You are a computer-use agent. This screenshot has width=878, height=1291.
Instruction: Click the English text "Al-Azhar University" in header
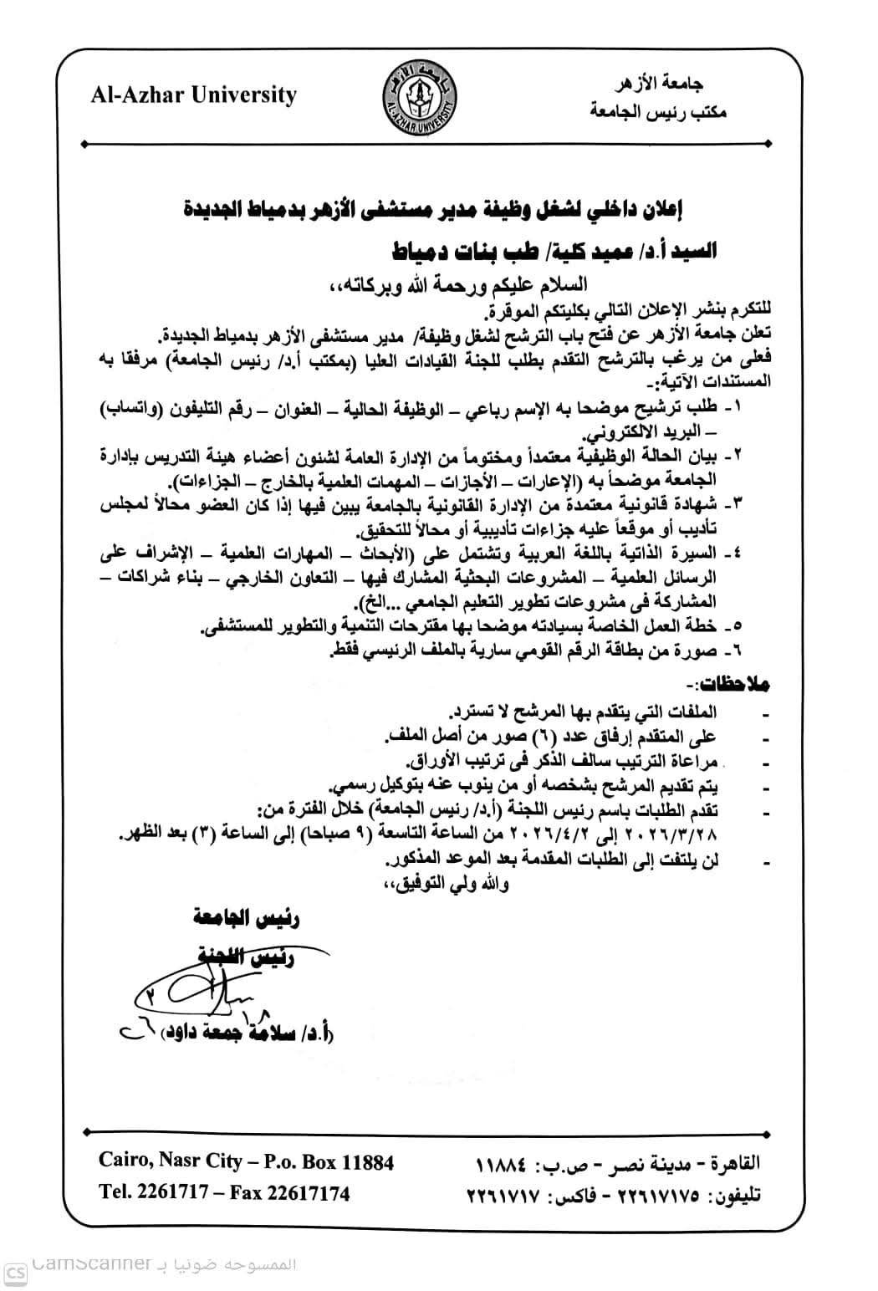[194, 95]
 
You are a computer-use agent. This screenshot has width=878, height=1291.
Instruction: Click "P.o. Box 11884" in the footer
[329, 1161]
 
